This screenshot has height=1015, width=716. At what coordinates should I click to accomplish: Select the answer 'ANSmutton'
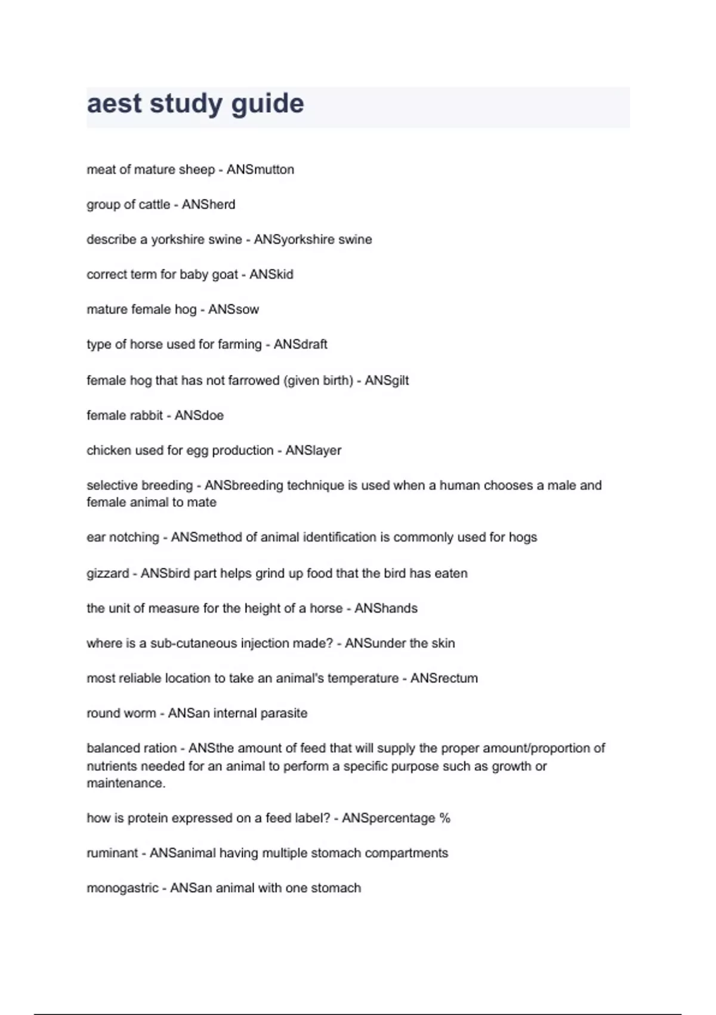tap(260, 170)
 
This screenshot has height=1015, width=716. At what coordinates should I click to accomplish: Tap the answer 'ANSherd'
tap(208, 205)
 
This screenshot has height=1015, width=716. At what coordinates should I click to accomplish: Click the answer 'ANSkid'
tap(271, 275)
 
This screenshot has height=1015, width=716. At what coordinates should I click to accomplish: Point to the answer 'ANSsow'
tap(233, 310)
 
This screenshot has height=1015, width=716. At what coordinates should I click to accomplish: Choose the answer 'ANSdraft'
tap(300, 345)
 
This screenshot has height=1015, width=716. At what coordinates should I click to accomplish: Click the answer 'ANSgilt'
tap(387, 380)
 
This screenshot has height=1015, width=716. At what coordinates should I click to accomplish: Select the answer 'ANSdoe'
tap(199, 416)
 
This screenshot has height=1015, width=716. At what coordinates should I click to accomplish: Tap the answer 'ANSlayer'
tap(313, 451)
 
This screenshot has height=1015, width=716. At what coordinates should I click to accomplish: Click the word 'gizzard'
tap(107, 574)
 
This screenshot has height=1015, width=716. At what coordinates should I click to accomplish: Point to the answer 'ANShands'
tap(386, 608)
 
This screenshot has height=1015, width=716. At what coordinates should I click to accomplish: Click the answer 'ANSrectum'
tap(444, 678)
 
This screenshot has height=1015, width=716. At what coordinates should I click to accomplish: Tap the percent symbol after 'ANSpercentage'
tap(445, 818)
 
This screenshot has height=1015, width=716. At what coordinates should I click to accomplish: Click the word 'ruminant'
tap(112, 853)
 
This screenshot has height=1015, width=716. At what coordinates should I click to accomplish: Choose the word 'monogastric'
tap(122, 888)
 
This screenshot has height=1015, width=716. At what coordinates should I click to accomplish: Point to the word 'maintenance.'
tap(126, 783)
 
